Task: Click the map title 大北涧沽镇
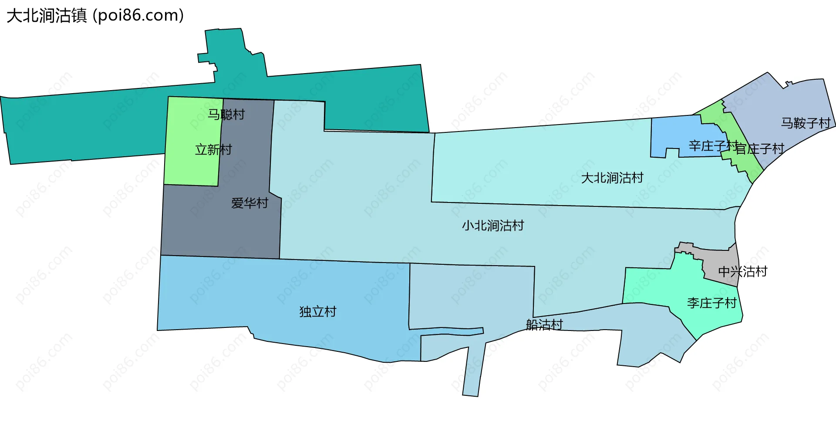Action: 47,16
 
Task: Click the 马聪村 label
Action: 226,115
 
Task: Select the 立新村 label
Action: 213,150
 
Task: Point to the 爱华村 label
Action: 249,203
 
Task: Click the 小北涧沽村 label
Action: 493,226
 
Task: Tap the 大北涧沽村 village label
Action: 612,178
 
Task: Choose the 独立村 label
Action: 318,312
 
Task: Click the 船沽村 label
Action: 544,325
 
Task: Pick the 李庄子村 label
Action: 712,303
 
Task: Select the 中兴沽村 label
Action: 742,272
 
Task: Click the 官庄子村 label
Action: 760,149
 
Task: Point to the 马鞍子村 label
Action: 806,123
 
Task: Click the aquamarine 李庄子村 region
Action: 653,287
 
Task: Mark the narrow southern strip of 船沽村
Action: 472,370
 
